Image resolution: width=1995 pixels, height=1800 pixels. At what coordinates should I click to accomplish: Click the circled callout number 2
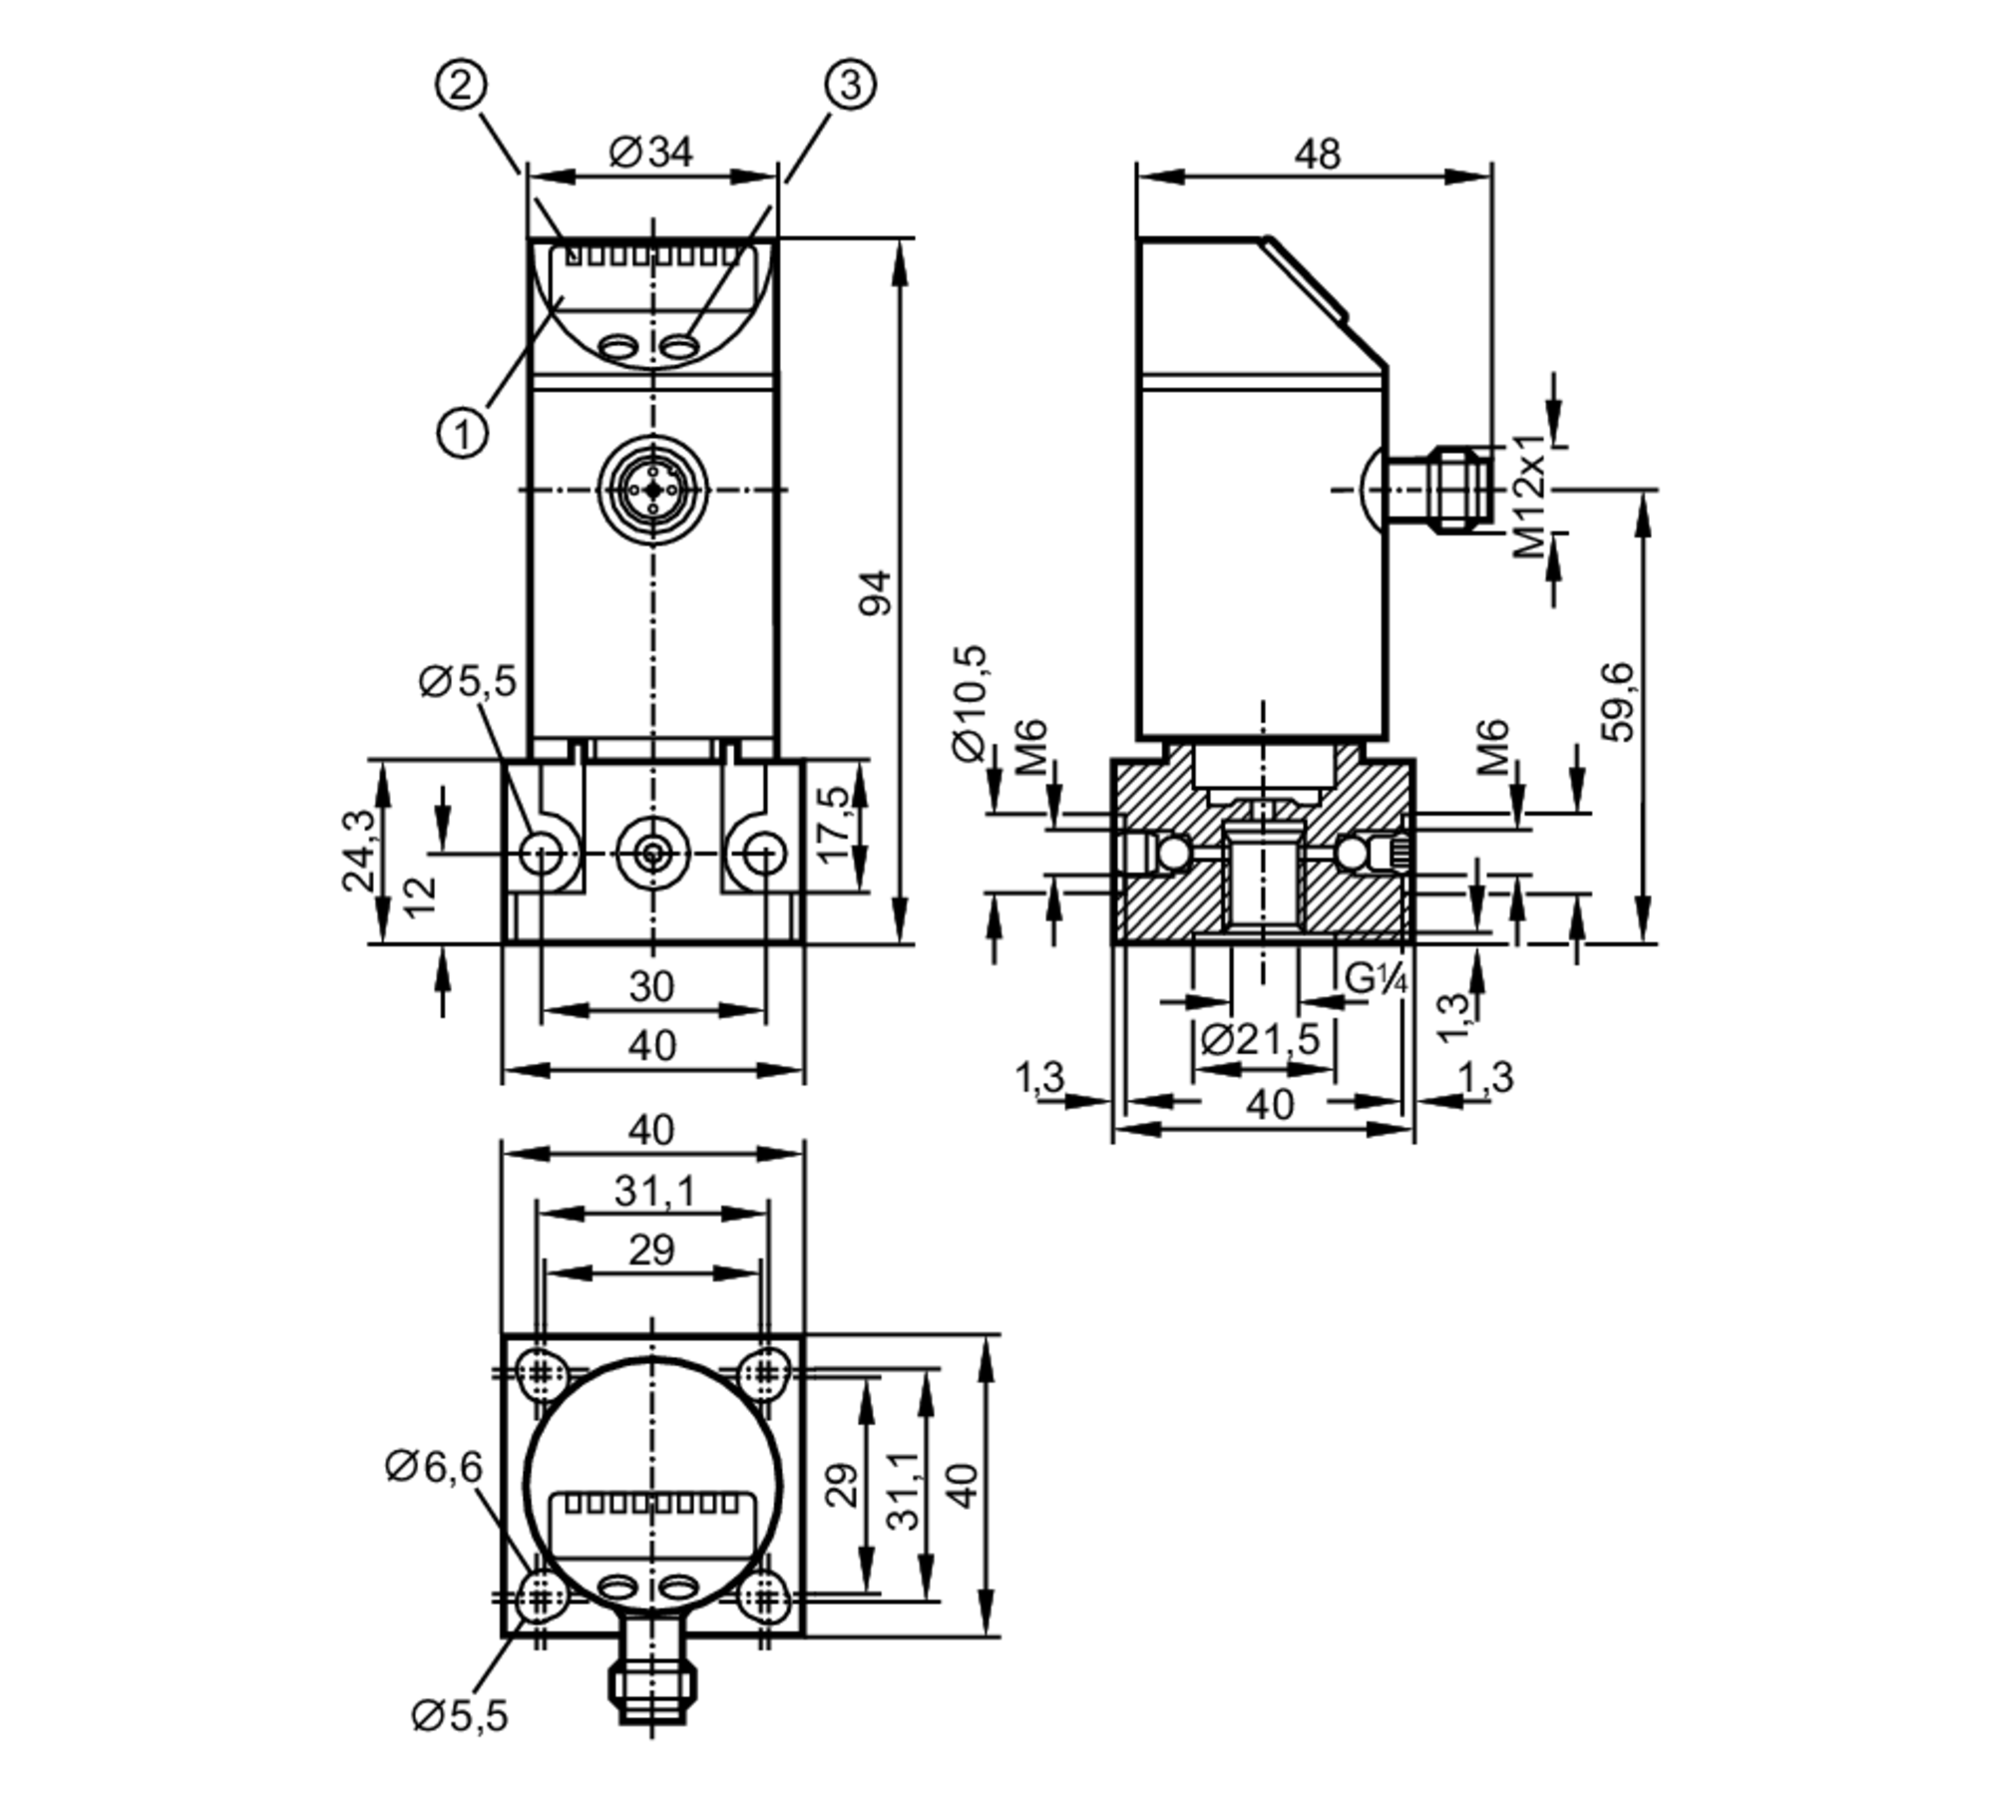(461, 85)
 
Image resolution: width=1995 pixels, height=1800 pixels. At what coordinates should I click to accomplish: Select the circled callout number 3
(850, 85)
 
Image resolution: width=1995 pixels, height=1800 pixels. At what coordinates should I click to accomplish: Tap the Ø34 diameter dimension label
(650, 153)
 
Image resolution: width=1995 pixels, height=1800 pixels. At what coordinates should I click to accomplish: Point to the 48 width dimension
(1317, 155)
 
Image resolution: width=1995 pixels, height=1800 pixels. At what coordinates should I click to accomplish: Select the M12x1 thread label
(1528, 495)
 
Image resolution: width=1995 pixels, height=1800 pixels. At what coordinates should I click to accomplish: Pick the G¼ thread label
(1376, 979)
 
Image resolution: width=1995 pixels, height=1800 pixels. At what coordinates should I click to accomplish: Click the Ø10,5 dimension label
(969, 703)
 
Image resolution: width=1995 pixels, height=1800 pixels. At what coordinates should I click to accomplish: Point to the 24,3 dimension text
(358, 850)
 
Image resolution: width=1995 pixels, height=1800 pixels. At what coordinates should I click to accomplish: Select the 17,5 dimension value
(832, 824)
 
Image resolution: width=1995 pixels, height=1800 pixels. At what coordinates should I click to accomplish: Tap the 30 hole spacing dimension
(651, 986)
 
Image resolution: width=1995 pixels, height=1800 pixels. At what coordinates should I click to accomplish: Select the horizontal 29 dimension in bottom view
(651, 1250)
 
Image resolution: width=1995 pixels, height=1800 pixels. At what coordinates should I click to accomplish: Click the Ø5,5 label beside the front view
(467, 681)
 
